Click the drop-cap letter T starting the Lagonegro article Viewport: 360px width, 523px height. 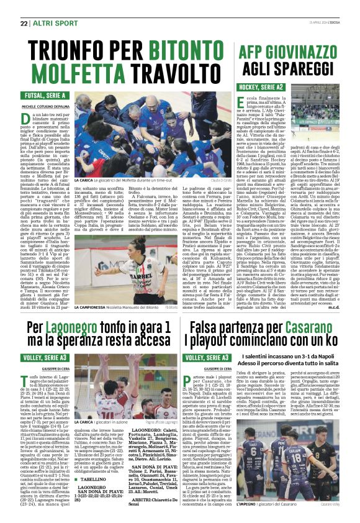pos(27,380)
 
